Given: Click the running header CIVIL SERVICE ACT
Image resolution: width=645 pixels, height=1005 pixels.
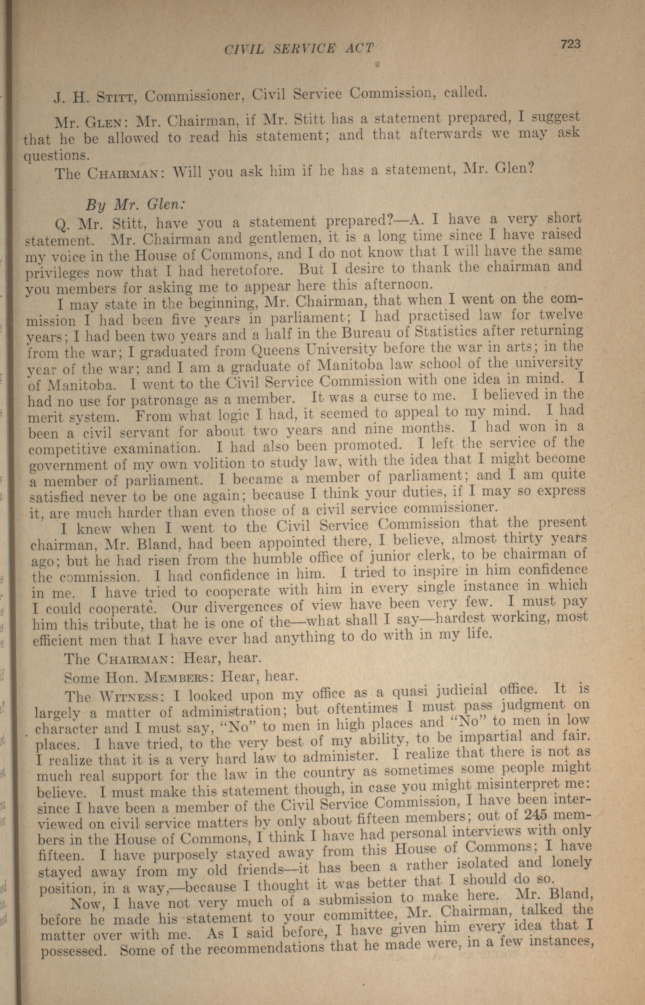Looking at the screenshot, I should tap(299, 49).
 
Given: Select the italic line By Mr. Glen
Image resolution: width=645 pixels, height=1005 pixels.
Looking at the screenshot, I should tap(134, 205).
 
